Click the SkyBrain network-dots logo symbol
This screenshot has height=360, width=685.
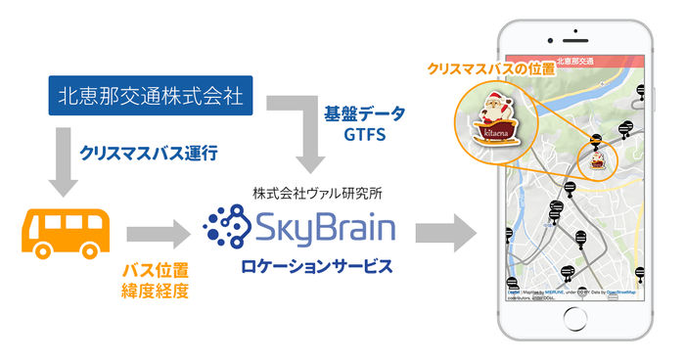pos(226,229)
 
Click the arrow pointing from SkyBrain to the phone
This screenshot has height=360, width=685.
pos(445,233)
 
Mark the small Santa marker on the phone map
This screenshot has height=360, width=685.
pos(595,160)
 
